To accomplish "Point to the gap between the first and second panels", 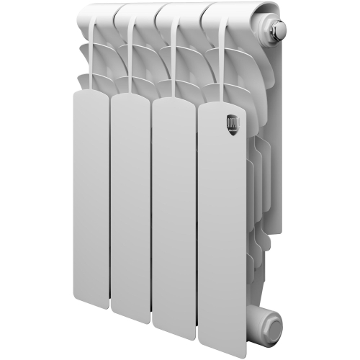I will click(x=109, y=202).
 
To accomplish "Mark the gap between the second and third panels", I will click(x=152, y=209).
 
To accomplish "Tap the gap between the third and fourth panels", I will click(x=196, y=216).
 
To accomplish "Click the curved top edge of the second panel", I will click(x=130, y=96).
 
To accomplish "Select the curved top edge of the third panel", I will click(x=174, y=99).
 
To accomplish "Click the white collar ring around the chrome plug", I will click(x=270, y=32).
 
